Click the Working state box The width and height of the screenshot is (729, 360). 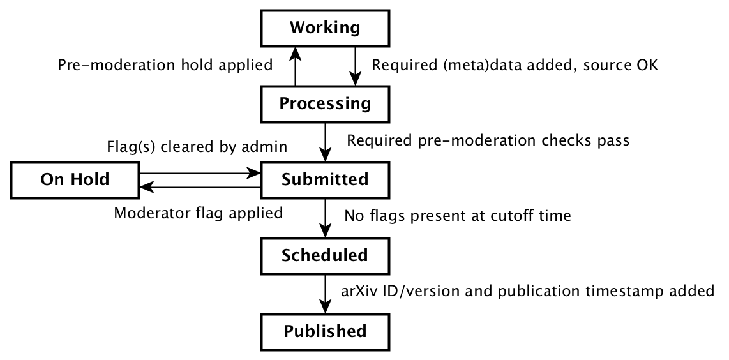click(325, 28)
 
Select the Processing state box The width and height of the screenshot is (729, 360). click(325, 103)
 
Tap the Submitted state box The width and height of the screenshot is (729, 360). click(325, 179)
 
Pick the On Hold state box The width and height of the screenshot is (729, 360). click(75, 179)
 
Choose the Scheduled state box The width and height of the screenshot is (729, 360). click(325, 255)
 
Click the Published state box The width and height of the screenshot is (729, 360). click(325, 331)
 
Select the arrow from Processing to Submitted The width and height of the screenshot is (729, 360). click(326, 141)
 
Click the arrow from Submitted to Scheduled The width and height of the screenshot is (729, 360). click(326, 217)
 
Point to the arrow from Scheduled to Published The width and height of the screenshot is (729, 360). click(326, 293)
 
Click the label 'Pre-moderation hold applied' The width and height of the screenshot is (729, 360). click(165, 65)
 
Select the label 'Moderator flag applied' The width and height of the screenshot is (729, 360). click(198, 213)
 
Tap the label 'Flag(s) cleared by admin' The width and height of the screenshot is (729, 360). click(196, 147)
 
